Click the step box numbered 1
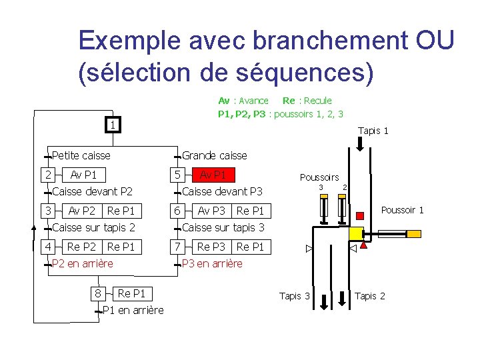pyautogui.click(x=114, y=125)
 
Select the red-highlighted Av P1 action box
pyautogui.click(x=213, y=175)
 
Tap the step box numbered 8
pyautogui.click(x=98, y=293)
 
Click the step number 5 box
pyautogui.click(x=177, y=175)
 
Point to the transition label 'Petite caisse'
pyautogui.click(x=81, y=155)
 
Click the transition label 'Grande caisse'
pyautogui.click(x=215, y=155)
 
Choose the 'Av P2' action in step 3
pyautogui.click(x=82, y=211)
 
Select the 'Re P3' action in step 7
pyautogui.click(x=211, y=247)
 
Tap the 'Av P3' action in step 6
pyautogui.click(x=211, y=211)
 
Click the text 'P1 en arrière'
pyautogui.click(x=133, y=310)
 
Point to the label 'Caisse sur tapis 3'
pyautogui.click(x=223, y=228)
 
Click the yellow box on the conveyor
pyautogui.click(x=355, y=233)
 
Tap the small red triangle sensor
pyautogui.click(x=363, y=247)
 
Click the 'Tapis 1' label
pyautogui.click(x=373, y=131)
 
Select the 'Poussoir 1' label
pyautogui.click(x=402, y=211)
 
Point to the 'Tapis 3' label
pyautogui.click(x=295, y=296)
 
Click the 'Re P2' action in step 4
pyautogui.click(x=82, y=247)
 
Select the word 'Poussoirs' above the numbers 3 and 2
pyautogui.click(x=319, y=177)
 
